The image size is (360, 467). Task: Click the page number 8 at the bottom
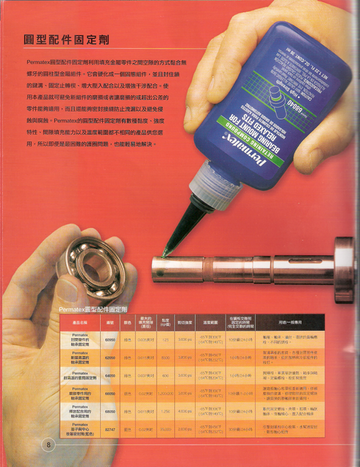(49, 443)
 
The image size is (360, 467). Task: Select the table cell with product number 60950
(111, 339)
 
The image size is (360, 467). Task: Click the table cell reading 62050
(111, 357)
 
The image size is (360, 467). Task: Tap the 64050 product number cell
(111, 375)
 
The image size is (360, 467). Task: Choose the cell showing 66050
(111, 393)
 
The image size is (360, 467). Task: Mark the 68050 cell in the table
(111, 412)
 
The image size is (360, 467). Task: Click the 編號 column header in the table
(111, 321)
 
